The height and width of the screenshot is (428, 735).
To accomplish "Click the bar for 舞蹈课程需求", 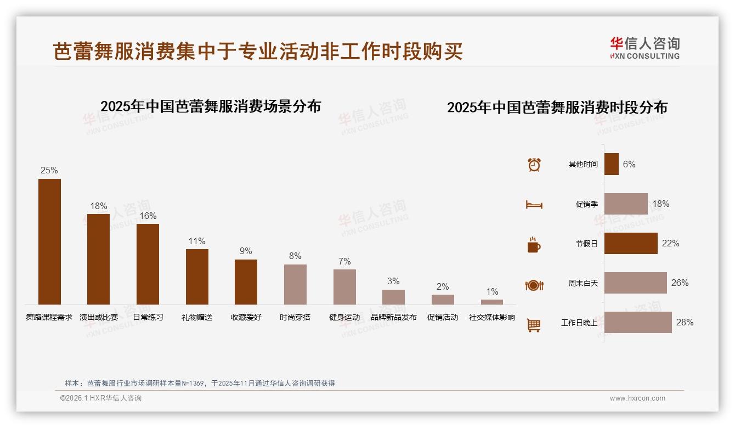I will click(x=49, y=241).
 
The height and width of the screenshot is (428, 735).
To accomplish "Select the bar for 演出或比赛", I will click(x=98, y=259).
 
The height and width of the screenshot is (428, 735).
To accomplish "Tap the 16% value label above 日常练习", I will click(x=148, y=216).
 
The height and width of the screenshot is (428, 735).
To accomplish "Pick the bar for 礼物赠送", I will click(x=197, y=277).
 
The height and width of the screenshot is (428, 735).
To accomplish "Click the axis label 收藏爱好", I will click(x=246, y=317).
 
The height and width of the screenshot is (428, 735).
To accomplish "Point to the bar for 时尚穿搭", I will click(x=295, y=284).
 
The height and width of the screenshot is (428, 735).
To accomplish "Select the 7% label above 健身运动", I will click(x=344, y=261).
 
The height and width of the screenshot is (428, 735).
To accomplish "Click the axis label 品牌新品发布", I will click(x=393, y=317).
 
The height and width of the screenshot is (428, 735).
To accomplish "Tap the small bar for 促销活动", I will click(x=443, y=300).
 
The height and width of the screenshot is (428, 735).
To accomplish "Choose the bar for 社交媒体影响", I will click(x=492, y=302).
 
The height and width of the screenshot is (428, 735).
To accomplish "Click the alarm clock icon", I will click(x=534, y=165).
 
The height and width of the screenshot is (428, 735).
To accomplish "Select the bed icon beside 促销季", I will click(x=534, y=205).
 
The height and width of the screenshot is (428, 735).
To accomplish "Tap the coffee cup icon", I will click(x=534, y=245).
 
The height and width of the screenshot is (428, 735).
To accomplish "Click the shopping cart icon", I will click(x=534, y=325).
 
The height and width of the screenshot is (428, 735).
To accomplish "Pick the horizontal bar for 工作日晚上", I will click(x=638, y=323).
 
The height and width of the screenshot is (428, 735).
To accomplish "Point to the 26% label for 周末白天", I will click(x=680, y=283).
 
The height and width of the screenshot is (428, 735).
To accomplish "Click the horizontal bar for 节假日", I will click(x=631, y=244).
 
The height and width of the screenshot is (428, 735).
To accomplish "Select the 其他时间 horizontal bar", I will click(x=612, y=164).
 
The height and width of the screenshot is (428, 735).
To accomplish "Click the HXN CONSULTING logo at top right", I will click(x=644, y=48).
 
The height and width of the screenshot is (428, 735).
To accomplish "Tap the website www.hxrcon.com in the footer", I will click(x=637, y=398).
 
